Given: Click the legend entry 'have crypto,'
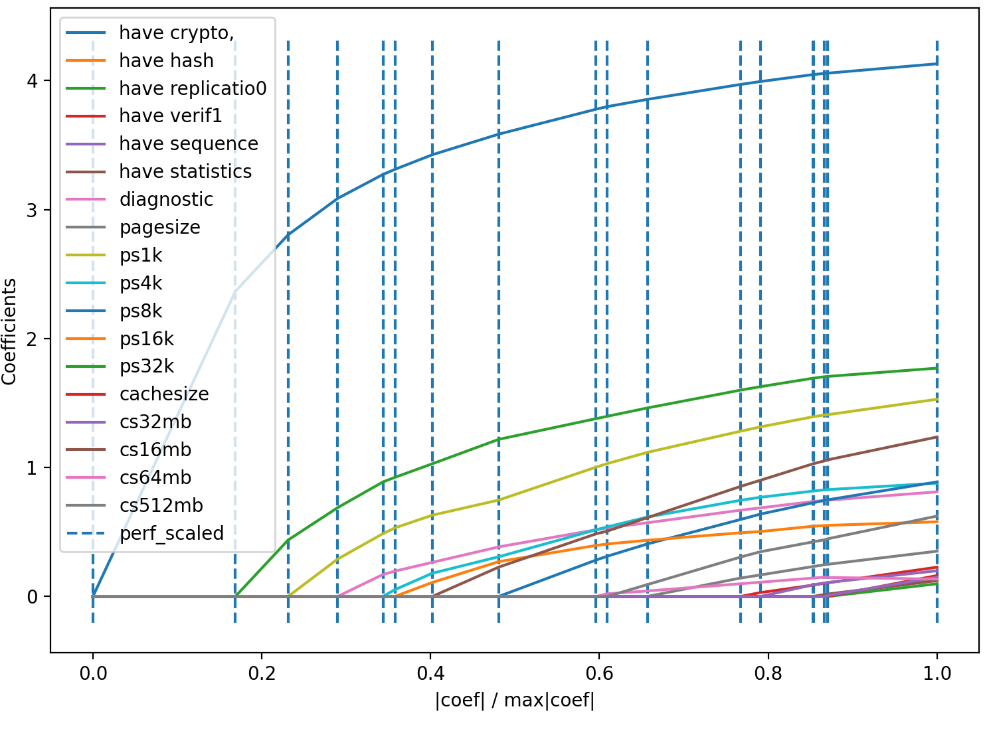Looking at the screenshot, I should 176,33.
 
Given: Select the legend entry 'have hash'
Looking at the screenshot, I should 166,60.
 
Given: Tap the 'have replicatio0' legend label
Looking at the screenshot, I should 193,88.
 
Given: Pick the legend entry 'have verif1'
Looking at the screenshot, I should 171,116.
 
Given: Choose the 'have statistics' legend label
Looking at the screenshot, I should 185,172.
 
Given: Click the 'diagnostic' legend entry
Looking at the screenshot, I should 166,200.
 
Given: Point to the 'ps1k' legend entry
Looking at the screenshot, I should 141,256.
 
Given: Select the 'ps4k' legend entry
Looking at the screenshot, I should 141,284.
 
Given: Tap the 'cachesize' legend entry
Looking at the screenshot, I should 164,394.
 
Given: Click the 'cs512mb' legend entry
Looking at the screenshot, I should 161,506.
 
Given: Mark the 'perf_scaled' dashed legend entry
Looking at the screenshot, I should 171,534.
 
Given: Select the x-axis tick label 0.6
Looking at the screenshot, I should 599,673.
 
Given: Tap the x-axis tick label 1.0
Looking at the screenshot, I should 937,673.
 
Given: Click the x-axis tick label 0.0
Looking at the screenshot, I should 93,673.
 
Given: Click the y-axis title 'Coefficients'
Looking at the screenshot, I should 10,331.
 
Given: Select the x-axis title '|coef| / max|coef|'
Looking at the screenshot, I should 515,700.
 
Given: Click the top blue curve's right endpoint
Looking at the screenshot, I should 937,64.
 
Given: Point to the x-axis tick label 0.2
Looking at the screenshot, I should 262,673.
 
